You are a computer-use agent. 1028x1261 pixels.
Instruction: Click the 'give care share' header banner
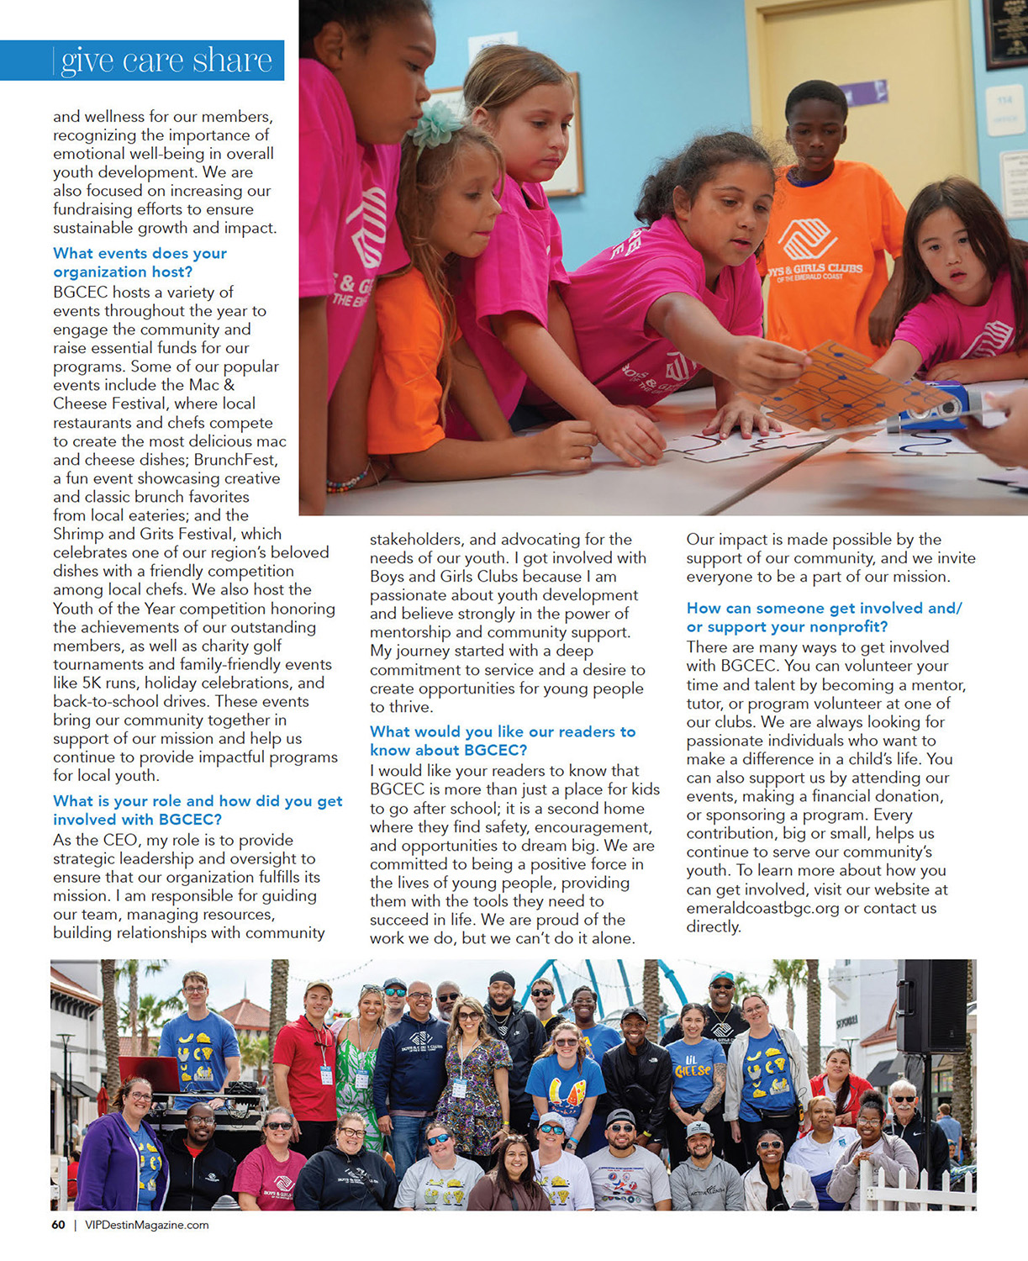143,61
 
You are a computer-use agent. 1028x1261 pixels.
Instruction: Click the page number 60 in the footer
58,1225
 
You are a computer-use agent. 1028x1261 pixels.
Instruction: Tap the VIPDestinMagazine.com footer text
147,1225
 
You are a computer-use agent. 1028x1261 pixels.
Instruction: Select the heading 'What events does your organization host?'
140,262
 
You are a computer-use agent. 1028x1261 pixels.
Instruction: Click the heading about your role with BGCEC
198,810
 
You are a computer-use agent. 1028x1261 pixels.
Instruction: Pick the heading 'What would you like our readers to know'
503,741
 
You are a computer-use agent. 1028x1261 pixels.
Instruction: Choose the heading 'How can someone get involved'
824,617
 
